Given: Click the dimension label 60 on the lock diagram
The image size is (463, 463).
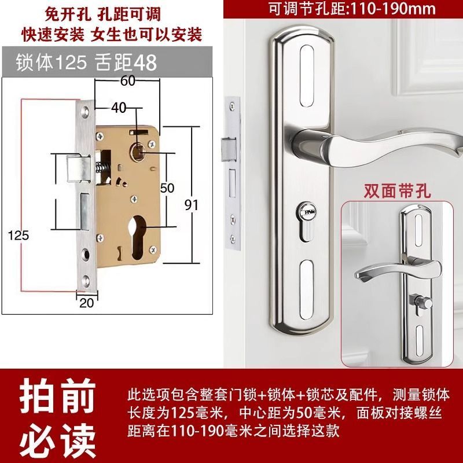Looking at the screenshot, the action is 127,80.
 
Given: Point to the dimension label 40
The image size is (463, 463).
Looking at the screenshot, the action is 119,108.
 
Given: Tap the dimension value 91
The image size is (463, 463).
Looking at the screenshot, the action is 192,205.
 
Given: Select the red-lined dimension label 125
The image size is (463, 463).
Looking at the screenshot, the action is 19,236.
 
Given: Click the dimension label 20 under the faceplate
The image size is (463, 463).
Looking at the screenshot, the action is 86,303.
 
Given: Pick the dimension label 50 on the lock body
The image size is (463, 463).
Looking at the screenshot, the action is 167,188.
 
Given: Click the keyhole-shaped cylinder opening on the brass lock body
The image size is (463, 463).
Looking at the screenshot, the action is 137,237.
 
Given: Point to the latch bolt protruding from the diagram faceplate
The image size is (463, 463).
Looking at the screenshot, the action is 74,168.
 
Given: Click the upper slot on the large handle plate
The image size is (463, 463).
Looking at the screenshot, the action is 306,76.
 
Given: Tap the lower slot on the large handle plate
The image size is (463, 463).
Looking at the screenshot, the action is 306,291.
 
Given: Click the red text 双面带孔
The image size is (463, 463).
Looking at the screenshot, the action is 396,190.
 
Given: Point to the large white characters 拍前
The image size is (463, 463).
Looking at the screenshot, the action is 58,395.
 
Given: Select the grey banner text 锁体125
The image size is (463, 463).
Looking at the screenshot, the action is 52,63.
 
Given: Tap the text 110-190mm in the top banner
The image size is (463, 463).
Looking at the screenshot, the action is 391,9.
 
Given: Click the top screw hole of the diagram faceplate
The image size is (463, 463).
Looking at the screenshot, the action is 86,112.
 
